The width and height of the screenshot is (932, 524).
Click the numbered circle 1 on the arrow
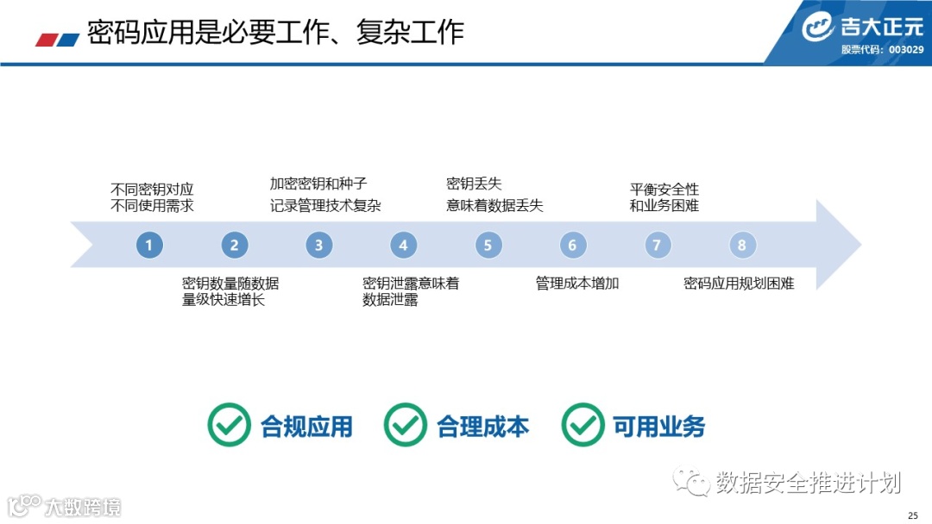coord(149,246)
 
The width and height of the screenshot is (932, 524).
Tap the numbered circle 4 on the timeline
coord(403,246)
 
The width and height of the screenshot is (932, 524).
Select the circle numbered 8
coord(741,246)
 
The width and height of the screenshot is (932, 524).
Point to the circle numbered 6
coord(572,246)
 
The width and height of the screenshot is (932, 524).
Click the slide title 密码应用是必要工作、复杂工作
coord(275,32)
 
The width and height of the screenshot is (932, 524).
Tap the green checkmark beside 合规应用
coord(229,425)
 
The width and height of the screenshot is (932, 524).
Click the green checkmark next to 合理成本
coord(405,425)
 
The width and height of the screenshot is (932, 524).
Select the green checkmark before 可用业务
coord(582,425)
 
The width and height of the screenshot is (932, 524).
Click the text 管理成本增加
coord(577,283)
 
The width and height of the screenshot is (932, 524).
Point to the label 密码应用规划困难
coord(739,283)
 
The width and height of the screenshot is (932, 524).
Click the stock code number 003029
coord(906,49)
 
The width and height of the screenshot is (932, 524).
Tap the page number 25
coord(913,515)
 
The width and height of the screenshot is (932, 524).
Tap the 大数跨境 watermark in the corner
coord(83,507)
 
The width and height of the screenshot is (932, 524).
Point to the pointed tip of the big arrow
coord(858,245)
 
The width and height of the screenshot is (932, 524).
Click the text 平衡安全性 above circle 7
coord(664,189)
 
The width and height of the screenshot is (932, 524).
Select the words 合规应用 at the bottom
coord(306,426)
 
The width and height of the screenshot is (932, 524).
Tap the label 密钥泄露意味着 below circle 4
coord(411,283)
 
